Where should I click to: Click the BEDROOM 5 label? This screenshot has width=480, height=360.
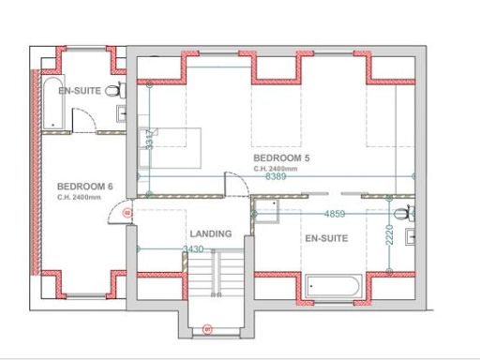(x=279, y=158)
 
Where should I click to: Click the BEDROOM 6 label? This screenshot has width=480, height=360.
(x=84, y=187)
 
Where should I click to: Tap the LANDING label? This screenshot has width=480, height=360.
(x=211, y=232)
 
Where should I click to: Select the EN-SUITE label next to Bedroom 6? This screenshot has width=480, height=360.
(x=80, y=92)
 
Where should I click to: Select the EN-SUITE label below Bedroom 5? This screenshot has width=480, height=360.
(x=326, y=239)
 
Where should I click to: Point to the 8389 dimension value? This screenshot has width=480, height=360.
(x=276, y=176)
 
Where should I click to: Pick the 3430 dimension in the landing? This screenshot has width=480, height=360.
(x=193, y=249)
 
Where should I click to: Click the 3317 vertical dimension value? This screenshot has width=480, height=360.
(x=149, y=139)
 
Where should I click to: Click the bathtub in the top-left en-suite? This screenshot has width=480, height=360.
(x=50, y=104)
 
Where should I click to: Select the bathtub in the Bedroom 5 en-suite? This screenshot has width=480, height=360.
(x=333, y=289)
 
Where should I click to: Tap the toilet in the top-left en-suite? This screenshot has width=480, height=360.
(x=114, y=91)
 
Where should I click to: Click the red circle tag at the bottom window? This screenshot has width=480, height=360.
(x=208, y=329)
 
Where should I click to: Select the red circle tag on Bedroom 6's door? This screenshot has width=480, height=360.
(x=127, y=213)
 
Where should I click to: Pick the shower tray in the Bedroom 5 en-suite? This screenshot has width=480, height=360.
(x=267, y=212)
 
